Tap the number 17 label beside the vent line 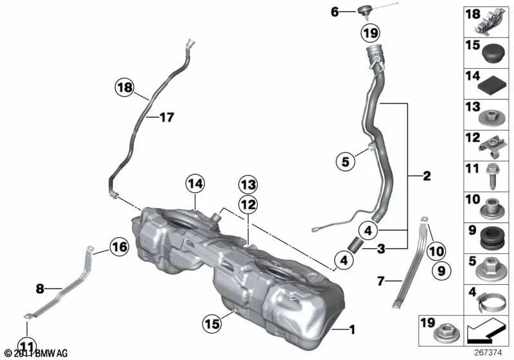coord(166,118)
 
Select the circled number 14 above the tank coord(194,184)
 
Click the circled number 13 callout coord(248,185)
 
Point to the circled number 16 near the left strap coord(119,246)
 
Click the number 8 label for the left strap coord(40,289)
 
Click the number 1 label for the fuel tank coord(351,330)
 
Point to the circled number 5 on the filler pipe coord(345,162)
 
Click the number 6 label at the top coord(351,12)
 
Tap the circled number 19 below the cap coord(371,33)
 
